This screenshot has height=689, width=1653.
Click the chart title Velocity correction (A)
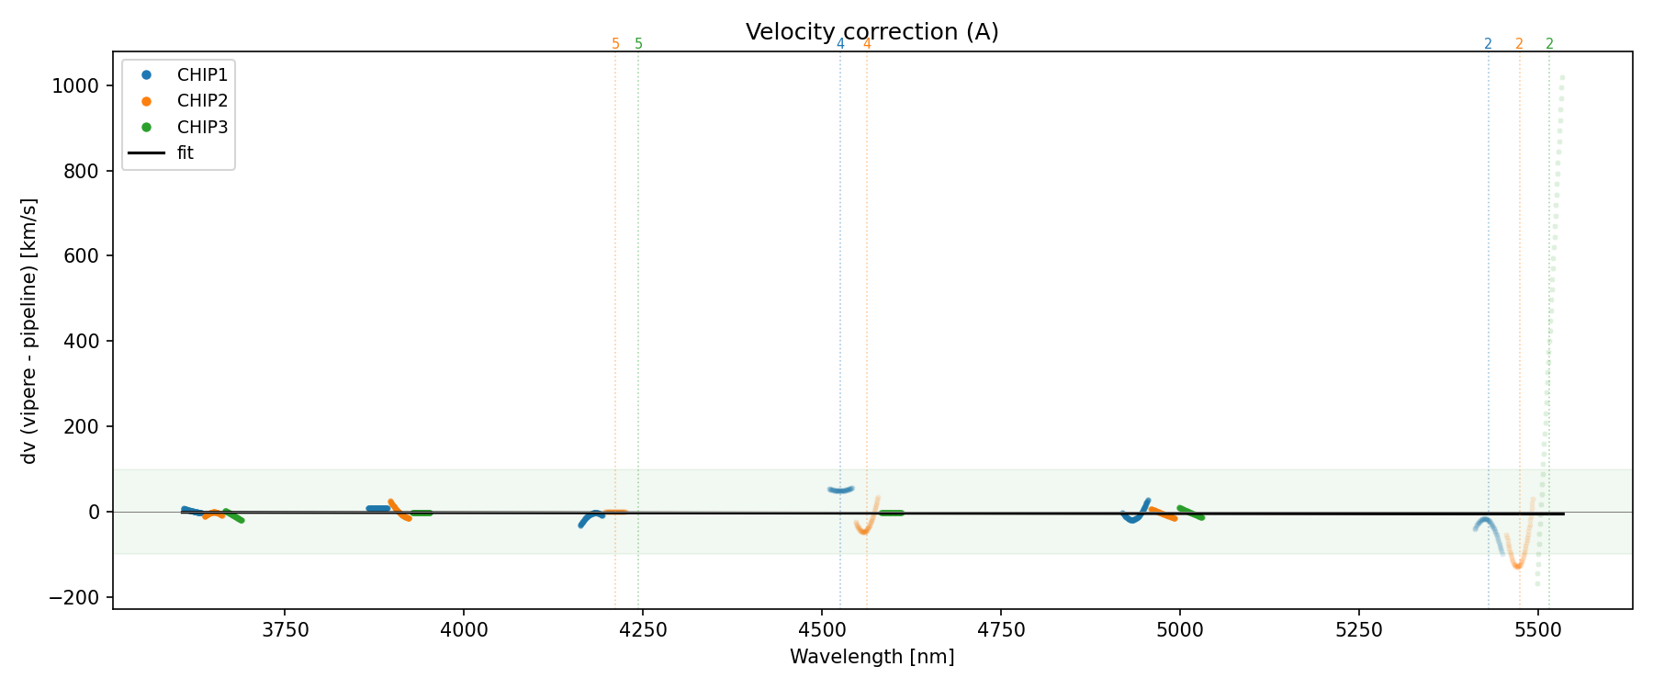coord(871,32)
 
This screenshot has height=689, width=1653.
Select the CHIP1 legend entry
coord(202,74)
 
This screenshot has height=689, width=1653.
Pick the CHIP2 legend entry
coord(202,101)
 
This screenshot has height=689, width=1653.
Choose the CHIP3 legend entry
coord(202,127)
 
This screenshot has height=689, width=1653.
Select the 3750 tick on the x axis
coord(285,630)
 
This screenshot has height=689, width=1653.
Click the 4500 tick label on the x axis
coord(821,630)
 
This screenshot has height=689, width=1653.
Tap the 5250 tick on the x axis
coord(1358,630)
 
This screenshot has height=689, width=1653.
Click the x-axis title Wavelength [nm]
coord(871,657)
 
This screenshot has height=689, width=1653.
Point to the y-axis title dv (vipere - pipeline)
coord(29,331)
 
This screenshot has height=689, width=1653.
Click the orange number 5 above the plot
coord(615,44)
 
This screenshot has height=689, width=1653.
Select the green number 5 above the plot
coord(639,44)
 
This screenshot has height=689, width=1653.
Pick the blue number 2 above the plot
coord(1488,44)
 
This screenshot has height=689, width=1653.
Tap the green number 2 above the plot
coord(1549,44)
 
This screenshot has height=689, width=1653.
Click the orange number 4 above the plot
coord(867,44)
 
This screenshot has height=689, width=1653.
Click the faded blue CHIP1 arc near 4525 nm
coord(840,490)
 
